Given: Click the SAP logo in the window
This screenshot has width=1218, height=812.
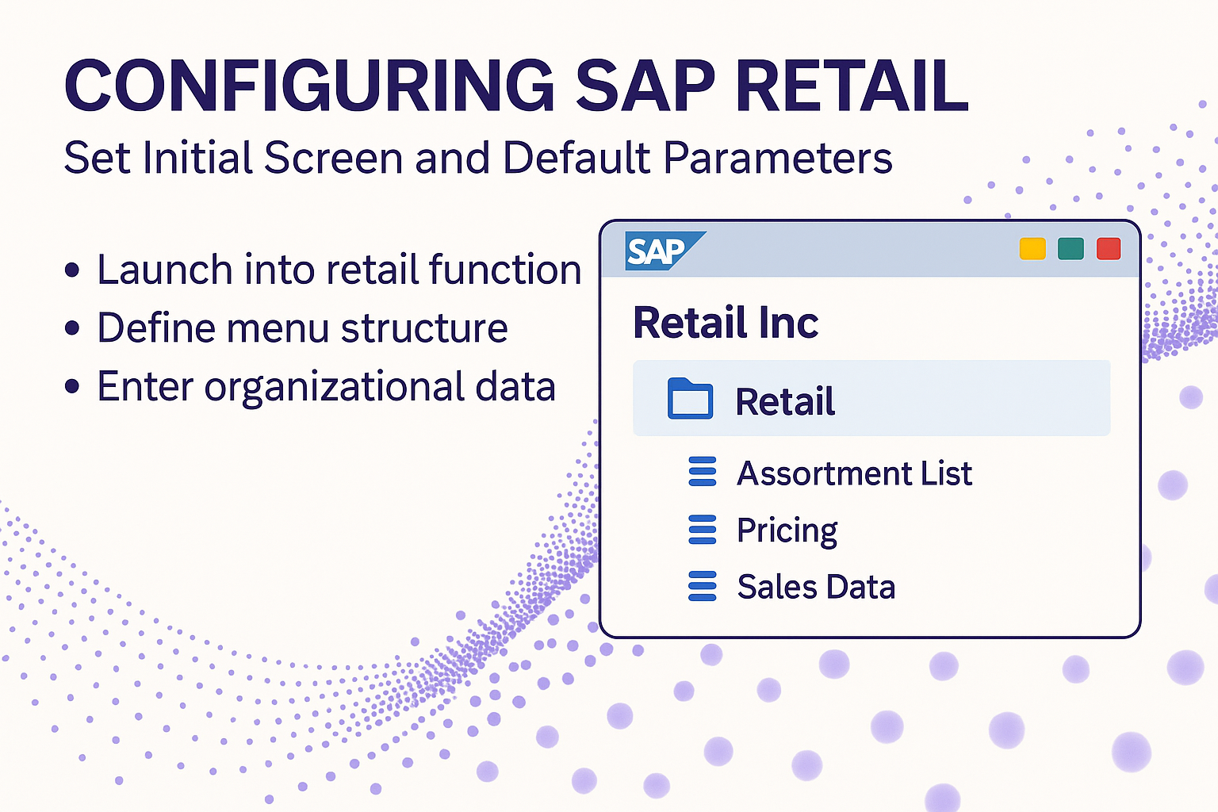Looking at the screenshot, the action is [665, 251].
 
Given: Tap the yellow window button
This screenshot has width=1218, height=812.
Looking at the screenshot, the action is [1032, 249].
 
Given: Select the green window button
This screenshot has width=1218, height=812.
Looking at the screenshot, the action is [1071, 249].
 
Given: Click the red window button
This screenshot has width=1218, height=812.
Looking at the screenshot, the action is [1109, 249].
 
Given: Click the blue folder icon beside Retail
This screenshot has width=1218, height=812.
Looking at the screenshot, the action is [690, 399].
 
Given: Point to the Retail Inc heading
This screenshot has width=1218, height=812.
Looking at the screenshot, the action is [726, 323].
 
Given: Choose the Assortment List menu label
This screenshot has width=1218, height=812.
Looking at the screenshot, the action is [854, 473].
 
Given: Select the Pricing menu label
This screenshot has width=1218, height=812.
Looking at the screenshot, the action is [787, 530].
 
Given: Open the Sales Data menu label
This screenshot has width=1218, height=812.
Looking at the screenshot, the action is [816, 587].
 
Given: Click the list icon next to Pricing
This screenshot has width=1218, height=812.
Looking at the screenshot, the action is [702, 530].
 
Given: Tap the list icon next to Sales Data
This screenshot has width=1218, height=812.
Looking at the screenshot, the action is [702, 586].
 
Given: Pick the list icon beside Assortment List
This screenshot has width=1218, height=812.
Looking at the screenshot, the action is [702, 471].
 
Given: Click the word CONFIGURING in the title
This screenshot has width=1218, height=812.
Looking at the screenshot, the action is [308, 86].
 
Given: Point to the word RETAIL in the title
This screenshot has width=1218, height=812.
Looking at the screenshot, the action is [852, 86].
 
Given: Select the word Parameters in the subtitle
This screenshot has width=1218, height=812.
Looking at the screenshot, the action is [778, 158].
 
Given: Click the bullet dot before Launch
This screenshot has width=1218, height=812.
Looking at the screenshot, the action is [72, 270].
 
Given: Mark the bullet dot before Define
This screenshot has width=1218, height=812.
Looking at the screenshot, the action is [72, 328].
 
